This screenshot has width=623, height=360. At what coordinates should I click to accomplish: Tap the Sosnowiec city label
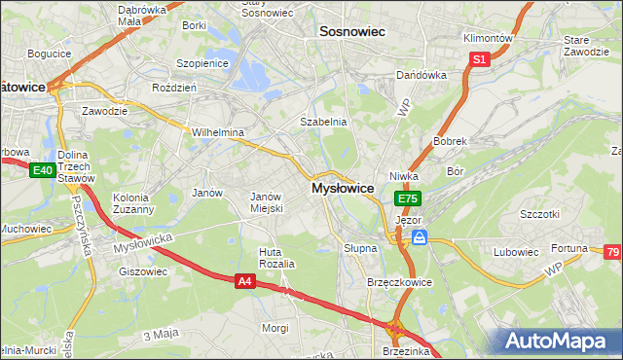[x=352, y=32]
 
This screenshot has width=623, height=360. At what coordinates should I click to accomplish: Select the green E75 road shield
[x=408, y=198]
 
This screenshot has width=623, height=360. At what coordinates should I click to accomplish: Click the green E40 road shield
[x=41, y=171]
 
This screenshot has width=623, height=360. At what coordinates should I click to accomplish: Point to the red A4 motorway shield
[x=246, y=281]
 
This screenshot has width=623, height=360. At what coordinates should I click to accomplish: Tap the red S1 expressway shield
[x=479, y=60]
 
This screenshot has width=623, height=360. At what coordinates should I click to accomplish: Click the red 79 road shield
[x=612, y=254]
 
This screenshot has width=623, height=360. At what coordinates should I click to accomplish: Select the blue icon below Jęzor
[x=419, y=237]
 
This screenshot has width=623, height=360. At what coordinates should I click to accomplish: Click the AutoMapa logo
[x=558, y=342]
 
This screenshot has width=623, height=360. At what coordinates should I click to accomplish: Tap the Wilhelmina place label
[x=217, y=131]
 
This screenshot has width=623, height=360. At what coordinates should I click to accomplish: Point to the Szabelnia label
[x=323, y=122]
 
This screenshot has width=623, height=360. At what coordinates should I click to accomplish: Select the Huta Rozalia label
[x=275, y=258]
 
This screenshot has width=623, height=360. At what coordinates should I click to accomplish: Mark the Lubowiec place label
[x=516, y=252]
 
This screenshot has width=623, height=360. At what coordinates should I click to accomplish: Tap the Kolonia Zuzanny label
[x=133, y=202]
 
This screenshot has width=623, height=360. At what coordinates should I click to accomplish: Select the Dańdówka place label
[x=421, y=75]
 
